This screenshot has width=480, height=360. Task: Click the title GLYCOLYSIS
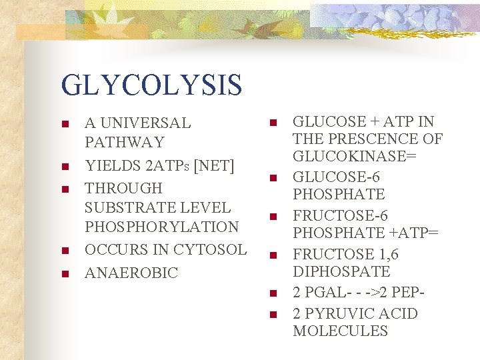coord(151,85)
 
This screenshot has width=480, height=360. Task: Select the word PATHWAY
coord(124,142)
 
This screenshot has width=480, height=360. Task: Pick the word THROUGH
coord(123,188)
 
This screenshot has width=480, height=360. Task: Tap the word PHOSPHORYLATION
coord(161,227)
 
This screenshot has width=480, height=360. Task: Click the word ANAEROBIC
coord(131,273)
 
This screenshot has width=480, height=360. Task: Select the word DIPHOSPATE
coord(341,272)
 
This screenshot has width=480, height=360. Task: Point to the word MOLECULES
coord(340,331)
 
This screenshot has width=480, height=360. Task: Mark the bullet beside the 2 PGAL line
coord(273,293)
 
